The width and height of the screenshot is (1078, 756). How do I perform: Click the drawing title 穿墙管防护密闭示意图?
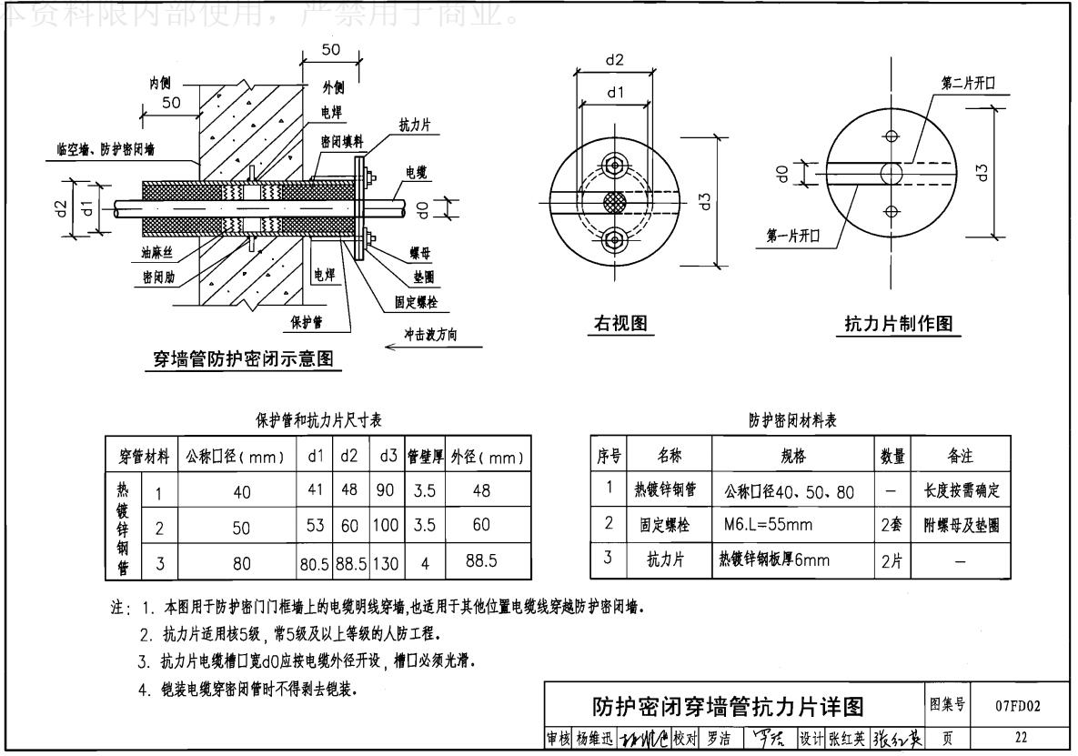tap(242, 359)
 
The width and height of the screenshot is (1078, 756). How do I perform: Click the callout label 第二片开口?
tap(968, 83)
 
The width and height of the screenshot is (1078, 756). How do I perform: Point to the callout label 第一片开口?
tap(793, 235)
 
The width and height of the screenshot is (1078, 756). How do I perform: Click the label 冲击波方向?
tap(431, 335)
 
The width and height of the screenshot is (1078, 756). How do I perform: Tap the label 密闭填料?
tap(342, 142)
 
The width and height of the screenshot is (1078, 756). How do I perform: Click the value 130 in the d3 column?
tap(384, 561)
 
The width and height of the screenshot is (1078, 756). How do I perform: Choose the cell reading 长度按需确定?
tap(962, 490)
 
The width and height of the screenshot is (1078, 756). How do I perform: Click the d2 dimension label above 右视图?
tap(615, 61)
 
